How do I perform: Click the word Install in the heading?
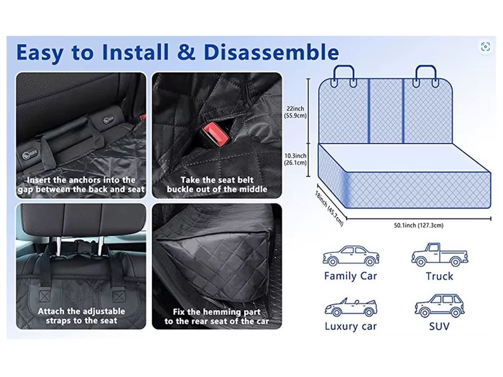point(135,52)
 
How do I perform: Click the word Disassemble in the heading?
point(271,52)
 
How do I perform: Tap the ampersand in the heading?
point(186,52)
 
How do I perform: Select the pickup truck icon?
point(440,255)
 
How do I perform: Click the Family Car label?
point(350,276)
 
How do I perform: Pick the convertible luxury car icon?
point(351,307)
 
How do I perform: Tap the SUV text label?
point(439,326)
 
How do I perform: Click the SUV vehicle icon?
point(439,305)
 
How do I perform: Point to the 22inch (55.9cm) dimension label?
point(295,112)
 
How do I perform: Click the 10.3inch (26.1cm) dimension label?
point(295,159)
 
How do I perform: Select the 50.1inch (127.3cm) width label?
point(419,225)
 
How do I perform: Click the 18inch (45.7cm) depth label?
point(329,208)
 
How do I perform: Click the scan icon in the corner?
point(485,47)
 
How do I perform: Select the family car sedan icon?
point(351,255)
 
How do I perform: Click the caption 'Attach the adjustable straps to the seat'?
point(81,316)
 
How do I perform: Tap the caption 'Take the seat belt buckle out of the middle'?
point(217,185)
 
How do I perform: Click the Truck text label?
point(440,276)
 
